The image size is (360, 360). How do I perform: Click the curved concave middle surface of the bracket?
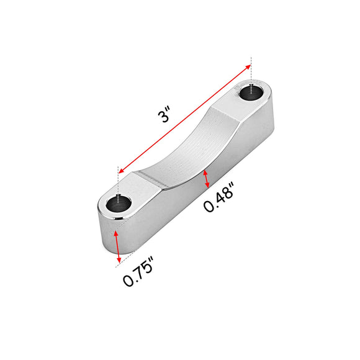coord(186,149)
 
